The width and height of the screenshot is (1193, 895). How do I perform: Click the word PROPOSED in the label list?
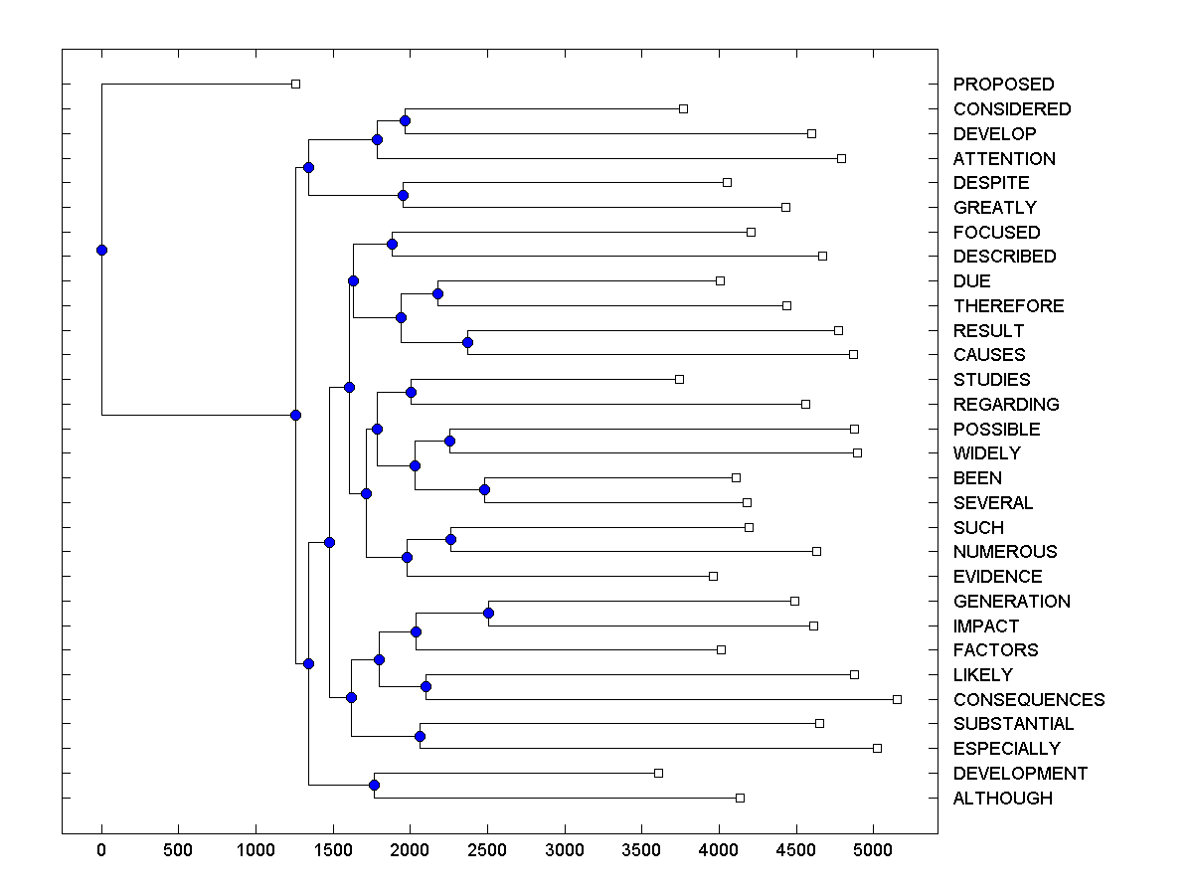1003,85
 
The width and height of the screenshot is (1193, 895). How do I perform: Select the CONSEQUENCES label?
1028,699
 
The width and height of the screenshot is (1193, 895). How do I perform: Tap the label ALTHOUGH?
1002,798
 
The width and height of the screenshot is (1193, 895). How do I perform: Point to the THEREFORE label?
1008,305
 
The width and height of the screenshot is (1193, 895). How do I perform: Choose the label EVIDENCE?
997,577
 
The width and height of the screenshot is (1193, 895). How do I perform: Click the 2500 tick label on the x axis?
487,850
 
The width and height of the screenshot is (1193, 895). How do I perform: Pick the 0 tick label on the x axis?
101,850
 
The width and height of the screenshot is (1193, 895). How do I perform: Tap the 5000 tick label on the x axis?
873,850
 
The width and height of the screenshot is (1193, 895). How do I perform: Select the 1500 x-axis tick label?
333,850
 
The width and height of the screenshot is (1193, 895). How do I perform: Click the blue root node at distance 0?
101,250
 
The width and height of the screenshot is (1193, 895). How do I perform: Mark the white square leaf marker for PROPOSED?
295,85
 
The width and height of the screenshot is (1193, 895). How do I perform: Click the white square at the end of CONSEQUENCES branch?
897,699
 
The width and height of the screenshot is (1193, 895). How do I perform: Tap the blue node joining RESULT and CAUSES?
468,342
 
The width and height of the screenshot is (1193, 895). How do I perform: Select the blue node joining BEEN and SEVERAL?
484,489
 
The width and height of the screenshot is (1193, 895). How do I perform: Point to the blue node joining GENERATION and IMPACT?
488,613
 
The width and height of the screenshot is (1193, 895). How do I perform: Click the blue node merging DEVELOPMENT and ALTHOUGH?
374,785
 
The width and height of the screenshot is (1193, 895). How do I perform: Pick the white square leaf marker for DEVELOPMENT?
658,773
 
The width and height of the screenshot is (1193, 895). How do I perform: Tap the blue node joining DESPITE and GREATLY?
403,195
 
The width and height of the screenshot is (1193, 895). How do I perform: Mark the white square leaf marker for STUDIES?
679,379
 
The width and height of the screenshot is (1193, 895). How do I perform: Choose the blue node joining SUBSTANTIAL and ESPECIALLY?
420,736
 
